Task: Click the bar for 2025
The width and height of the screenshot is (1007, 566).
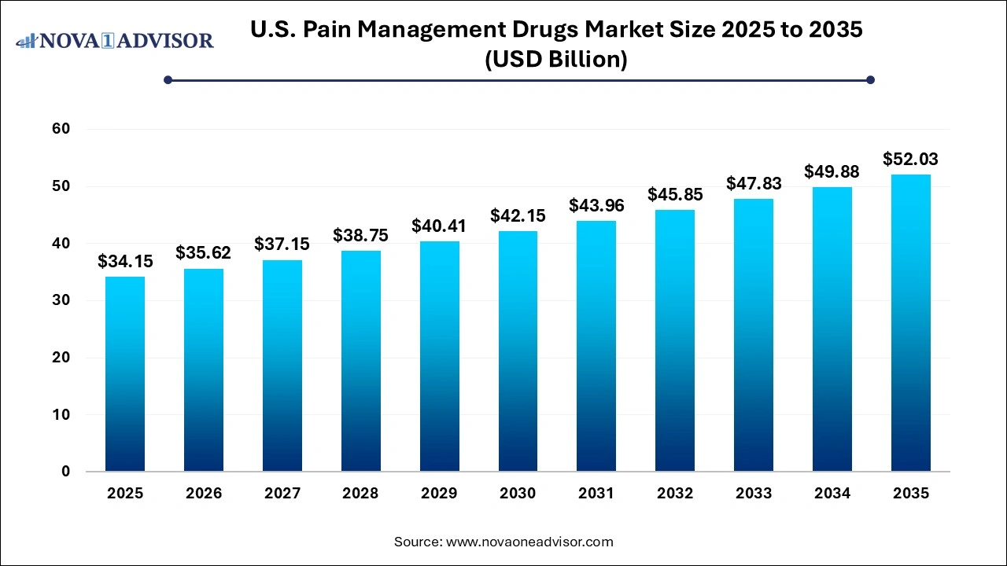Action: pos(125,374)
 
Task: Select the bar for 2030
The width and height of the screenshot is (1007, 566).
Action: pos(518,351)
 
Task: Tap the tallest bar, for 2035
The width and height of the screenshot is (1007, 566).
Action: pos(910,323)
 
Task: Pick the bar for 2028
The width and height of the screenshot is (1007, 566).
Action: pos(360,361)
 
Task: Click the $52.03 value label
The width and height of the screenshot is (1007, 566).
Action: pos(910,160)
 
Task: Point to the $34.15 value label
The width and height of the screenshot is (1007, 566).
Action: pos(125,262)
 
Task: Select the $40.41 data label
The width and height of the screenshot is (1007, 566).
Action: pos(439,226)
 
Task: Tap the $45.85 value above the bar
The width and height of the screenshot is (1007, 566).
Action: pos(675,195)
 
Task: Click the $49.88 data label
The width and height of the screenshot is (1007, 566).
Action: pos(832,172)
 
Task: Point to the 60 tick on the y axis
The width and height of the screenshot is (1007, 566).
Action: pos(61,129)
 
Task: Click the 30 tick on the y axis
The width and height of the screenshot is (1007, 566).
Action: pos(61,300)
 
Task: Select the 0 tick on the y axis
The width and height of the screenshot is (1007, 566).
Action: pos(65,472)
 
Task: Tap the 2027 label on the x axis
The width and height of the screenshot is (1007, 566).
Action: pos(282,494)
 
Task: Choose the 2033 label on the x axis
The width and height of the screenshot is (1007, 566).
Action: pos(754,494)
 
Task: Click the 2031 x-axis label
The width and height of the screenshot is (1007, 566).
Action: pos(596,494)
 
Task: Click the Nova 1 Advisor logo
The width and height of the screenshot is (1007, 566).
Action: pos(115,40)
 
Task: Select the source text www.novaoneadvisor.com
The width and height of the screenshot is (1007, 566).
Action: pos(529,542)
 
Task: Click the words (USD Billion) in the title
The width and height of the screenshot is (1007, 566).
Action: pos(557,60)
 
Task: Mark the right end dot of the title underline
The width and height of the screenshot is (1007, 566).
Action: pos(870,79)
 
